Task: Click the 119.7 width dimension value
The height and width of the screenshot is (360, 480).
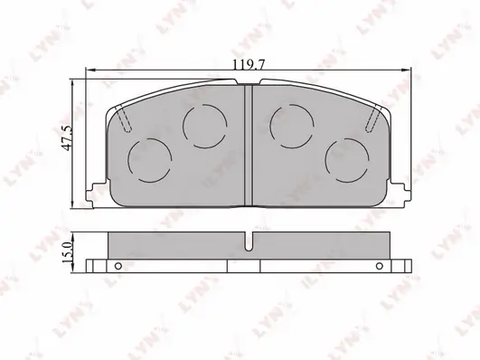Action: click(x=249, y=65)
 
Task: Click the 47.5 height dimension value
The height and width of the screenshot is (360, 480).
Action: click(x=67, y=137)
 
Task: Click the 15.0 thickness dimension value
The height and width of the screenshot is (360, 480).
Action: click(x=66, y=251)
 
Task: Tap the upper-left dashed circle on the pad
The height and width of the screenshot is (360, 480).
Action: click(x=205, y=127)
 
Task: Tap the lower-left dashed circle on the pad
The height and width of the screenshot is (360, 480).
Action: click(x=149, y=160)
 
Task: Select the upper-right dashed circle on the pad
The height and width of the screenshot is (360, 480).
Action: click(x=292, y=127)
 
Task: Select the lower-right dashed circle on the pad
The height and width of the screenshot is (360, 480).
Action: click(x=347, y=160)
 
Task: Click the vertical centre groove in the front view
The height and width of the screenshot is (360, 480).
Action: click(x=249, y=146)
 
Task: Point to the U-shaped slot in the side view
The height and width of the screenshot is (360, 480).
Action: click(x=249, y=242)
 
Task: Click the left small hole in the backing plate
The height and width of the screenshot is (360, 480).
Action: click(x=118, y=266)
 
